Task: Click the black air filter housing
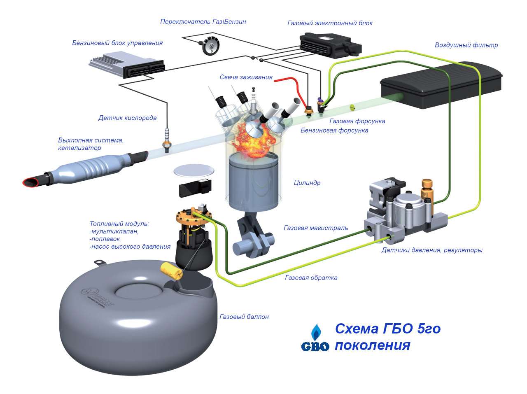point(441,86)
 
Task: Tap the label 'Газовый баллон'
point(244,317)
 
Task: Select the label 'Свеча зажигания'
point(246,77)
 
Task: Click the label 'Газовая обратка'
point(311,277)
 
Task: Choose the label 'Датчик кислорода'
point(127,118)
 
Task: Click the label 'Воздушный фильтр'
point(466,45)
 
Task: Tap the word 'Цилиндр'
point(307,183)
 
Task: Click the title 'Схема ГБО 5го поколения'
point(387,336)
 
